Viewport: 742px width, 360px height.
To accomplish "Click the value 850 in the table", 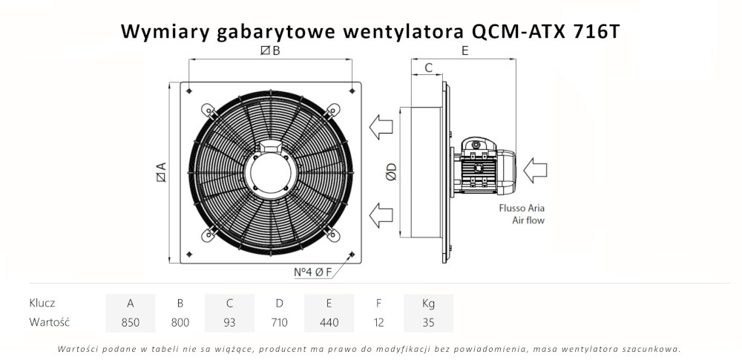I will coord(130,323).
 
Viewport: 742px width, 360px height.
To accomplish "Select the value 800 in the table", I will coord(180,323).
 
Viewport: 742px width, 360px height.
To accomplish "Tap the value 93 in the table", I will coord(230,323).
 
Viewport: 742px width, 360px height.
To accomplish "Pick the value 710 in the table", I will coord(279,323).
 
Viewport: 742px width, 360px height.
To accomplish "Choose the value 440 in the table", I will coord(329,323).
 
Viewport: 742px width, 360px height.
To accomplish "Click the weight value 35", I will coord(428,323).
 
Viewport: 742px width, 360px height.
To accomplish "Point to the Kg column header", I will coord(428,303).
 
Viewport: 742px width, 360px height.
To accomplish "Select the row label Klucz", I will coord(42,303).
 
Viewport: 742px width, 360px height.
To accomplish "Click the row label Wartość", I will coord(49,323).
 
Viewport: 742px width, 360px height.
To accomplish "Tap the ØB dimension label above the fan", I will coord(270,50).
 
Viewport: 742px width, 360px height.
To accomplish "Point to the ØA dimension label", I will coord(160,172).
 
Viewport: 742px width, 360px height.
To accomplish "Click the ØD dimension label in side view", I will coord(392,172).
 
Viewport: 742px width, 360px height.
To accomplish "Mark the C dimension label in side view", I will coord(428,68).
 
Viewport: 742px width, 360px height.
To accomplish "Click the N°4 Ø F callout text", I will coord(312,272).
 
